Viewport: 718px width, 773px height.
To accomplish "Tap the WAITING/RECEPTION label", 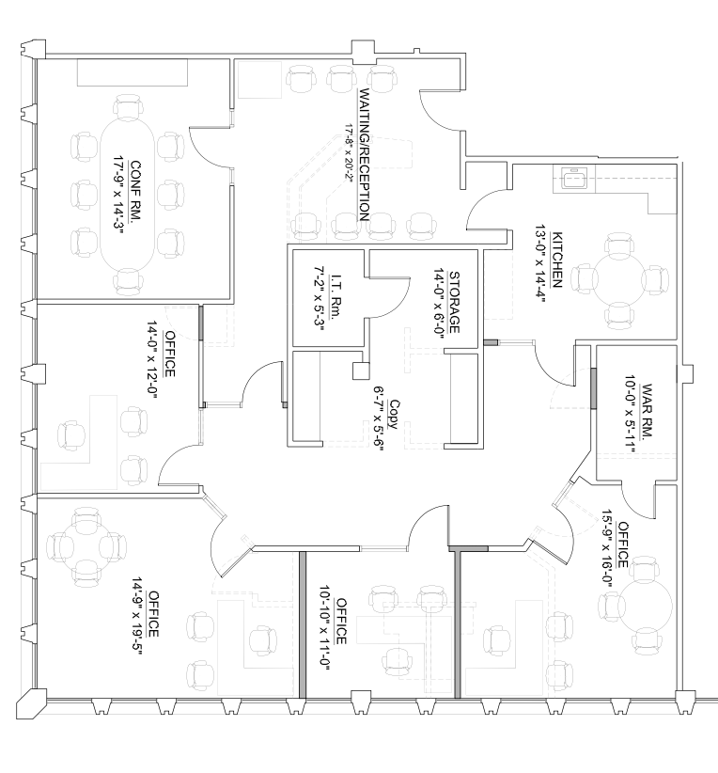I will pos(366,154).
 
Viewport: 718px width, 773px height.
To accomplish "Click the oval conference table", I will pos(127,193).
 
